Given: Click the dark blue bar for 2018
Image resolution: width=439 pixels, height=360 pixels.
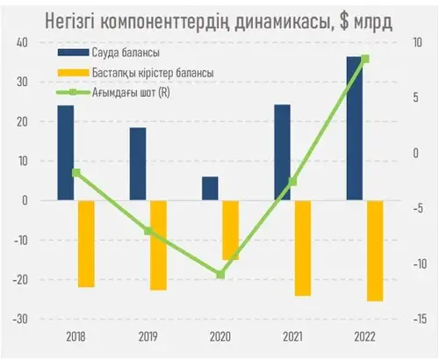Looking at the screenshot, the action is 66,153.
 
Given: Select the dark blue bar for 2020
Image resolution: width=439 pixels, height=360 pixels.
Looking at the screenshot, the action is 210,189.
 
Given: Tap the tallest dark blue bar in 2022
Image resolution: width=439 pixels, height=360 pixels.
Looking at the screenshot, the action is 355,128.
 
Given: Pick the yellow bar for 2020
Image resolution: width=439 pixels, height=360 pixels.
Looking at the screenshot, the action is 231,230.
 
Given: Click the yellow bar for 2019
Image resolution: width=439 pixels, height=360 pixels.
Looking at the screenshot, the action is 158,245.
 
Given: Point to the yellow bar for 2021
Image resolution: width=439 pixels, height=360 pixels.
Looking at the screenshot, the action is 303,248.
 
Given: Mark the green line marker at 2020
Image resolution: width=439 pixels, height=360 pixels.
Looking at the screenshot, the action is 220,275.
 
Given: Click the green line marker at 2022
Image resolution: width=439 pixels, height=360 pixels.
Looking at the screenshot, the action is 365,59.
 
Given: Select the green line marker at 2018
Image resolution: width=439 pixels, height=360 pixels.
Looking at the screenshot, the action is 76,172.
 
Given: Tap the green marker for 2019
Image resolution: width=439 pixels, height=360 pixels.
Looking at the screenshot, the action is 148,231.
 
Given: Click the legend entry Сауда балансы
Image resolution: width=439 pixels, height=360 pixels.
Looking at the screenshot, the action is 109,53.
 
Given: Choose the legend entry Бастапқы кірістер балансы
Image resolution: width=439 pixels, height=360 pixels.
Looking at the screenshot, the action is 135,73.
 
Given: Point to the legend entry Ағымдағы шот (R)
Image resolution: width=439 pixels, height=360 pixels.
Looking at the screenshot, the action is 113,92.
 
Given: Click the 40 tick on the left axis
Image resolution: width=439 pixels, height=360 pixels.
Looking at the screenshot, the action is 22,42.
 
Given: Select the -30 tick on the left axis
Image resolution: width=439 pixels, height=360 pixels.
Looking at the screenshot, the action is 20,319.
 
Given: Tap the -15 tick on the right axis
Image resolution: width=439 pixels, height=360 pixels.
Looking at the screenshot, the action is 420,319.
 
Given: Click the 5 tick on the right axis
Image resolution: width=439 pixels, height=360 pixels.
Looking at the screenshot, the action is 416,97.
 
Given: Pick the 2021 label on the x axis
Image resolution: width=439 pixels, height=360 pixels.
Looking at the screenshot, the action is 292,337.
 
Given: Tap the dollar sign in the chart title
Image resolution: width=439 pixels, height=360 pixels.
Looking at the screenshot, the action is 344,21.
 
